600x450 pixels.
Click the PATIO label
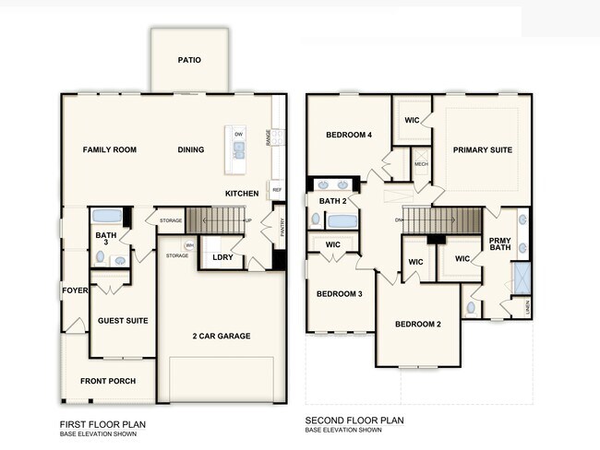point(189,61)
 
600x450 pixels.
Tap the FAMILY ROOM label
point(109,149)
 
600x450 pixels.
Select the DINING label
point(190,149)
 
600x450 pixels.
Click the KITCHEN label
point(242,194)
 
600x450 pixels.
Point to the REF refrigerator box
point(276,189)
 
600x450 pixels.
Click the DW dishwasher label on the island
point(238,135)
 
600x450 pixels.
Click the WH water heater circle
point(190,245)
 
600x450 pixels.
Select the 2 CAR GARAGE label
point(222,336)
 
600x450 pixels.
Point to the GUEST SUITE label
point(123,320)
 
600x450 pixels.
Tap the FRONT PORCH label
point(108,381)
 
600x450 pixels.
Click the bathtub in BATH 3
point(107,217)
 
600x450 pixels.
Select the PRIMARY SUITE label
point(482,149)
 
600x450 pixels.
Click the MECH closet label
point(421,164)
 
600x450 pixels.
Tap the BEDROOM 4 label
point(349,135)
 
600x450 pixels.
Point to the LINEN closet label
point(527,306)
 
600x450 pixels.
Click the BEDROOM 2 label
point(418,324)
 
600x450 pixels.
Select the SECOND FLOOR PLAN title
point(354,420)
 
